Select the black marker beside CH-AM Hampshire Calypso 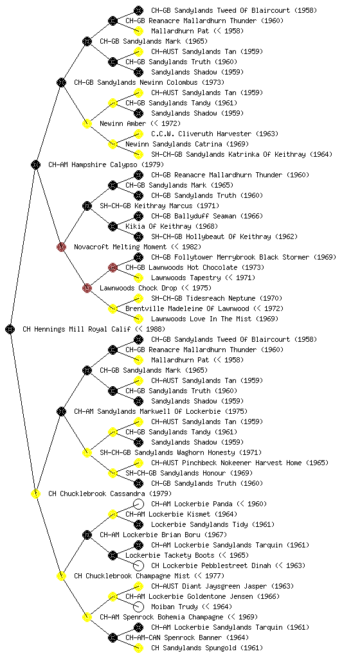pyautogui.click(x=35, y=164)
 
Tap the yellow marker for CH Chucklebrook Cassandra pyautogui.click(x=35, y=493)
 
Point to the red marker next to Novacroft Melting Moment pyautogui.click(x=61, y=247)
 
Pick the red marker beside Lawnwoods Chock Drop pyautogui.click(x=87, y=288)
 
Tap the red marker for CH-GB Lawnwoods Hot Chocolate pyautogui.click(x=113, y=267)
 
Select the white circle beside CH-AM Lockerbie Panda pyautogui.click(x=138, y=504)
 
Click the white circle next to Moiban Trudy pyautogui.click(x=138, y=607)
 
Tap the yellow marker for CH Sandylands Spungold pyautogui.click(x=138, y=648)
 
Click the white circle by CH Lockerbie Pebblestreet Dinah pyautogui.click(x=138, y=565)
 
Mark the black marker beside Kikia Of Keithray pyautogui.click(x=113, y=226)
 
